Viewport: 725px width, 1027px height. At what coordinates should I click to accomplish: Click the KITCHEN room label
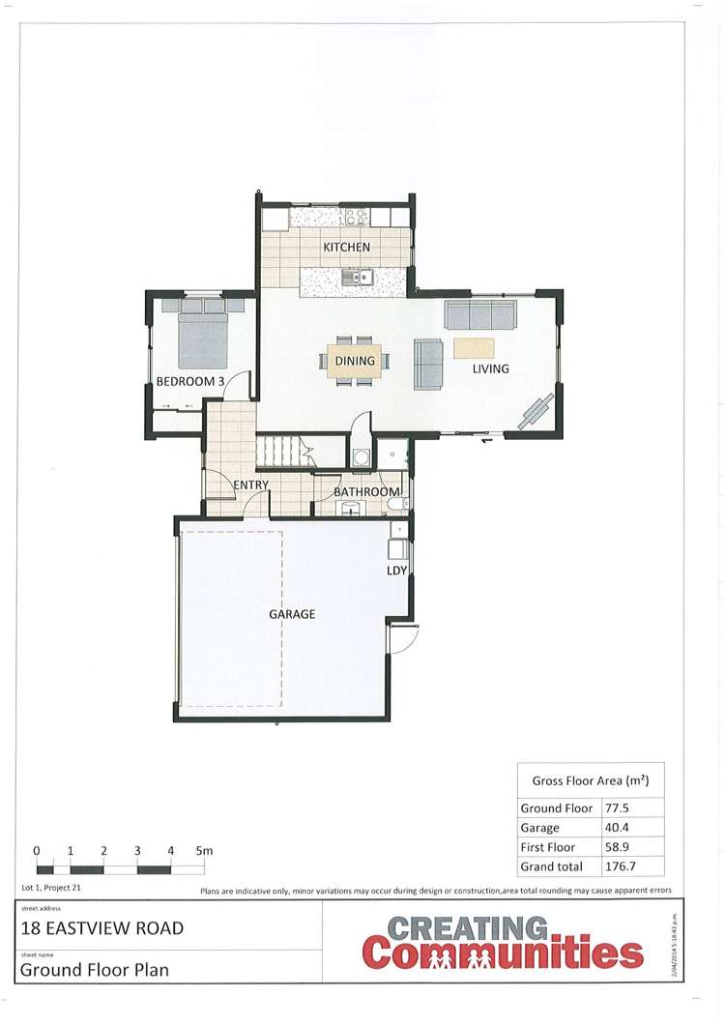pyautogui.click(x=346, y=248)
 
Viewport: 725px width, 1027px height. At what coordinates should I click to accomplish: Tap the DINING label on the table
pyautogui.click(x=355, y=361)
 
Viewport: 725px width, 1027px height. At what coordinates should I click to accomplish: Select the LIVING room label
pyautogui.click(x=490, y=368)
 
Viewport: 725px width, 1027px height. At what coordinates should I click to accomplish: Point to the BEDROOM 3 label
pyautogui.click(x=190, y=382)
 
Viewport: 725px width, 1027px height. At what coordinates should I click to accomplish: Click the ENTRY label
pyautogui.click(x=250, y=484)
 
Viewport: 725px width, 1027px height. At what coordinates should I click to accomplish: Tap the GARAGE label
pyautogui.click(x=292, y=614)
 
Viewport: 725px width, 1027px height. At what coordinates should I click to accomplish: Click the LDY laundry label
pyautogui.click(x=396, y=571)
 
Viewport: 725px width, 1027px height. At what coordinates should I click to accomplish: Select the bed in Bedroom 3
pyautogui.click(x=203, y=334)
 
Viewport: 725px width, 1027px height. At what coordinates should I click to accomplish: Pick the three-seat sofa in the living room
pyautogui.click(x=480, y=315)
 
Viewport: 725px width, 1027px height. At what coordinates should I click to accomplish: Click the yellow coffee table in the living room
pyautogui.click(x=474, y=347)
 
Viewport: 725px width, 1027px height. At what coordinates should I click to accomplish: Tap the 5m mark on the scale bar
pyautogui.click(x=203, y=851)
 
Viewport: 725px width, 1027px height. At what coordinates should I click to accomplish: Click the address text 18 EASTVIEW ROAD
pyautogui.click(x=102, y=929)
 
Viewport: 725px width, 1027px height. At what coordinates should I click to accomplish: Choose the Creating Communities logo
pyautogui.click(x=503, y=944)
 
